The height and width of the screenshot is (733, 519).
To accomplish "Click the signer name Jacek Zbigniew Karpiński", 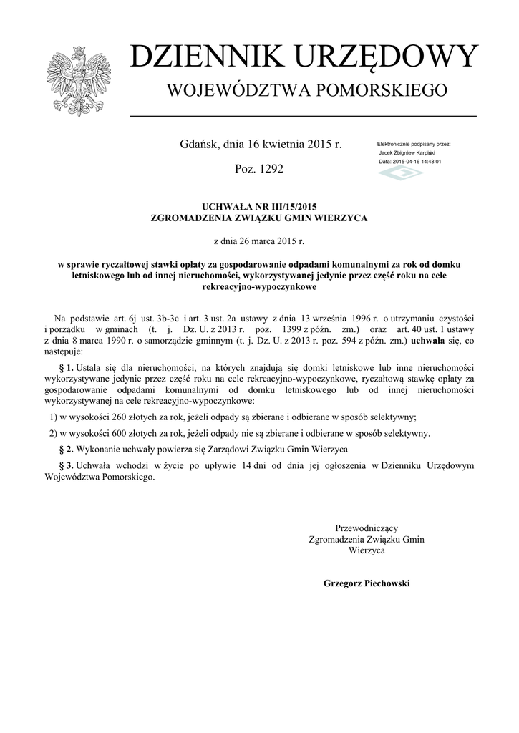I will click(x=407, y=153).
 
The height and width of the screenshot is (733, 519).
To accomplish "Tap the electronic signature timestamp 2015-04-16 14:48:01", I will click(x=417, y=162).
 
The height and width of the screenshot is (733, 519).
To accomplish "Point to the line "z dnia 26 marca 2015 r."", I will click(x=259, y=241).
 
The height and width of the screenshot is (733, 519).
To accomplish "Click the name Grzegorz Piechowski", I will click(x=367, y=583).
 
